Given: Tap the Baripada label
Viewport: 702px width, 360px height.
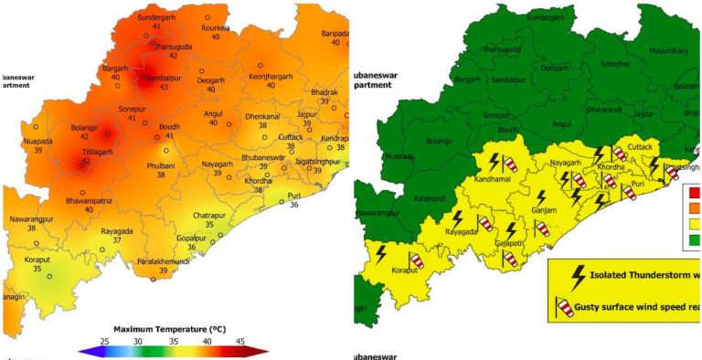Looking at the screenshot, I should click(x=335, y=33).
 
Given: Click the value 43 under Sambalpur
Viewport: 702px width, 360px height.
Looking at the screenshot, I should click(x=158, y=87).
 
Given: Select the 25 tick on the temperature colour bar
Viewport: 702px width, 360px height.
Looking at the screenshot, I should click(x=103, y=339).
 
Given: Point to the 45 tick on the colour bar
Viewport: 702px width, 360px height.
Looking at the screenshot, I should click(x=241, y=339).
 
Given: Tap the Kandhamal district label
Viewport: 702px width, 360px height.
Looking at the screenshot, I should click(x=492, y=178).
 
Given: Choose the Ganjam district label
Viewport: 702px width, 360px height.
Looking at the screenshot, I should click(x=544, y=210).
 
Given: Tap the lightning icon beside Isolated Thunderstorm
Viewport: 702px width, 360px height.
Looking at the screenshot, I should click(x=577, y=275).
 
